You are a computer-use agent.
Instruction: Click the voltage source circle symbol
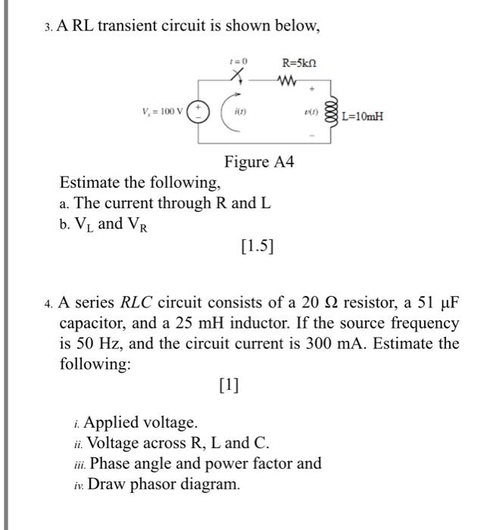point(200,113)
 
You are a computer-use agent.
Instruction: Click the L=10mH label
point(363,117)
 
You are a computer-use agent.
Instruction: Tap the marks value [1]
point(227,385)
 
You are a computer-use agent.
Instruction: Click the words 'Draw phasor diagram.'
point(164,484)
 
